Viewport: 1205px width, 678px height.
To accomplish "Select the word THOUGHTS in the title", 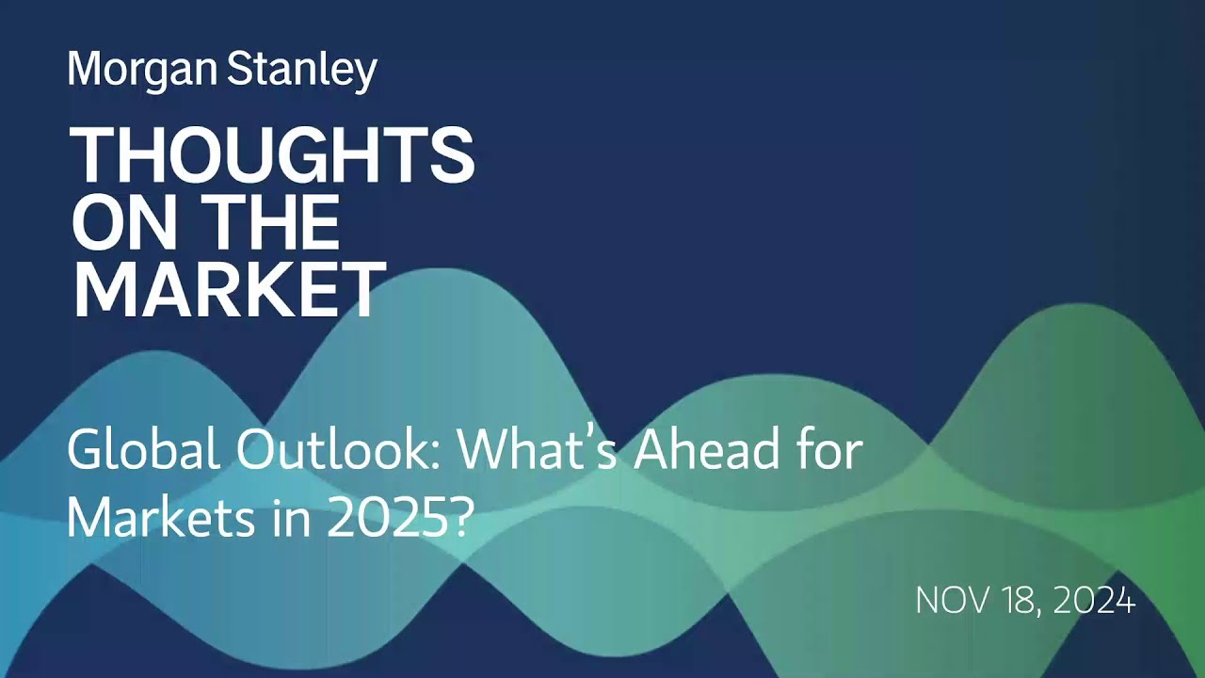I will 272,156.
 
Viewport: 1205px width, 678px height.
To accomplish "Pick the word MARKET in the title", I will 229,290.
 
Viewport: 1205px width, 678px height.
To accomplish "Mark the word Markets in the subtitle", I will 153,518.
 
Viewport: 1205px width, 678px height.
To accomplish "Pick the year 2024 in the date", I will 1095,601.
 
